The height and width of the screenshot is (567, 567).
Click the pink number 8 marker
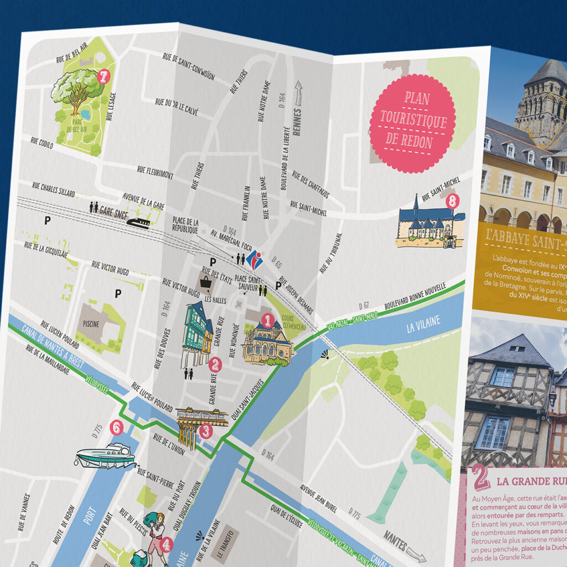click(x=452, y=202)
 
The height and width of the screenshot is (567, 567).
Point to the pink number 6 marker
click(x=116, y=427)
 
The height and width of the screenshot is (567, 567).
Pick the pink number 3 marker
click(x=205, y=430)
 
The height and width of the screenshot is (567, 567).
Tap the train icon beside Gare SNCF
click(x=138, y=222)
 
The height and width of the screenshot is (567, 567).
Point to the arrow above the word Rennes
click(x=300, y=92)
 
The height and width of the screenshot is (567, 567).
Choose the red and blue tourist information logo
click(x=254, y=260)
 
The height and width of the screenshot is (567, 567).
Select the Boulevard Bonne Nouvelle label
click(x=410, y=298)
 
